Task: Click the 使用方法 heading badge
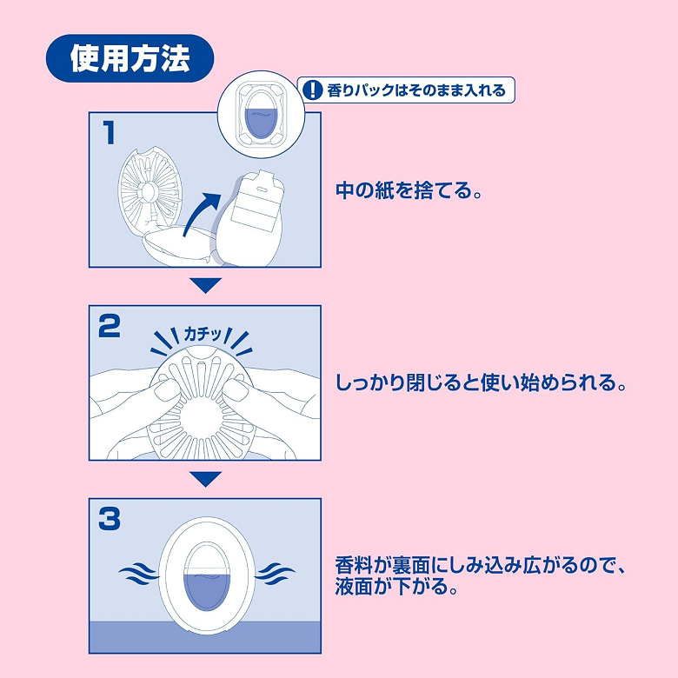(x=130, y=58)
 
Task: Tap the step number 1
(x=109, y=133)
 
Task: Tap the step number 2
(x=110, y=326)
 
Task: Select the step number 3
(x=110, y=519)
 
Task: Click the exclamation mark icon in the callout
(x=313, y=90)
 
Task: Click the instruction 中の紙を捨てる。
(x=409, y=190)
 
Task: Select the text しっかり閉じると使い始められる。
(x=481, y=383)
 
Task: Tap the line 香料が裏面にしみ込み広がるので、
(x=481, y=566)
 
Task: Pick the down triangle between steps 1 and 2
(x=206, y=285)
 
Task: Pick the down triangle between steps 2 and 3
(x=206, y=478)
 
